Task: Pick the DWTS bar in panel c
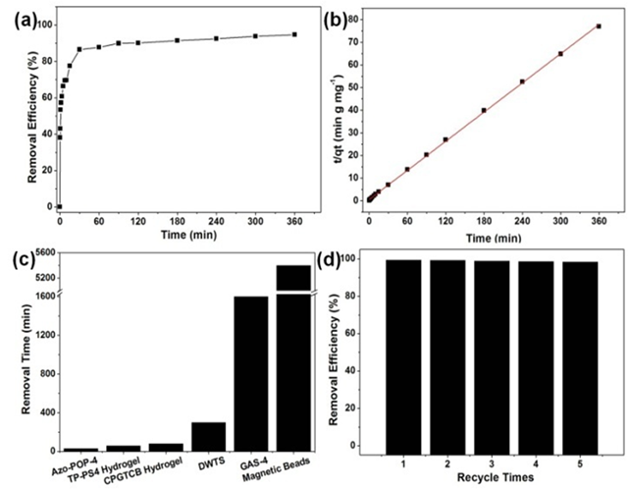(x=209, y=436)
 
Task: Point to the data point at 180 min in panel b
(x=484, y=110)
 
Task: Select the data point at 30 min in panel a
(x=78, y=49)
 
